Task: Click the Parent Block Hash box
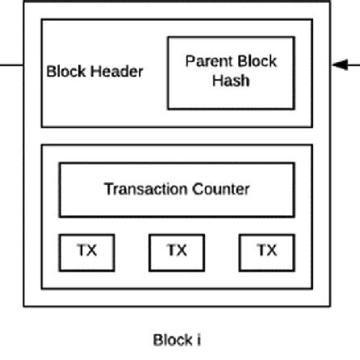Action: click(231, 72)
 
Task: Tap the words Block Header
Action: click(95, 71)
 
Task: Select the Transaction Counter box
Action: click(176, 190)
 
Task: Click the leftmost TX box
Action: click(86, 252)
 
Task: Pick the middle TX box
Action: click(176, 252)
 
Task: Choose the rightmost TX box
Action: click(266, 252)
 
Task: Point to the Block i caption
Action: click(176, 339)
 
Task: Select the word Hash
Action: click(231, 81)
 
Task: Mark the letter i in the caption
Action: click(196, 339)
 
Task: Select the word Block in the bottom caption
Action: click(170, 339)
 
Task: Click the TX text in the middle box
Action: click(176, 250)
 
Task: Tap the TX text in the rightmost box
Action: click(266, 250)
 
